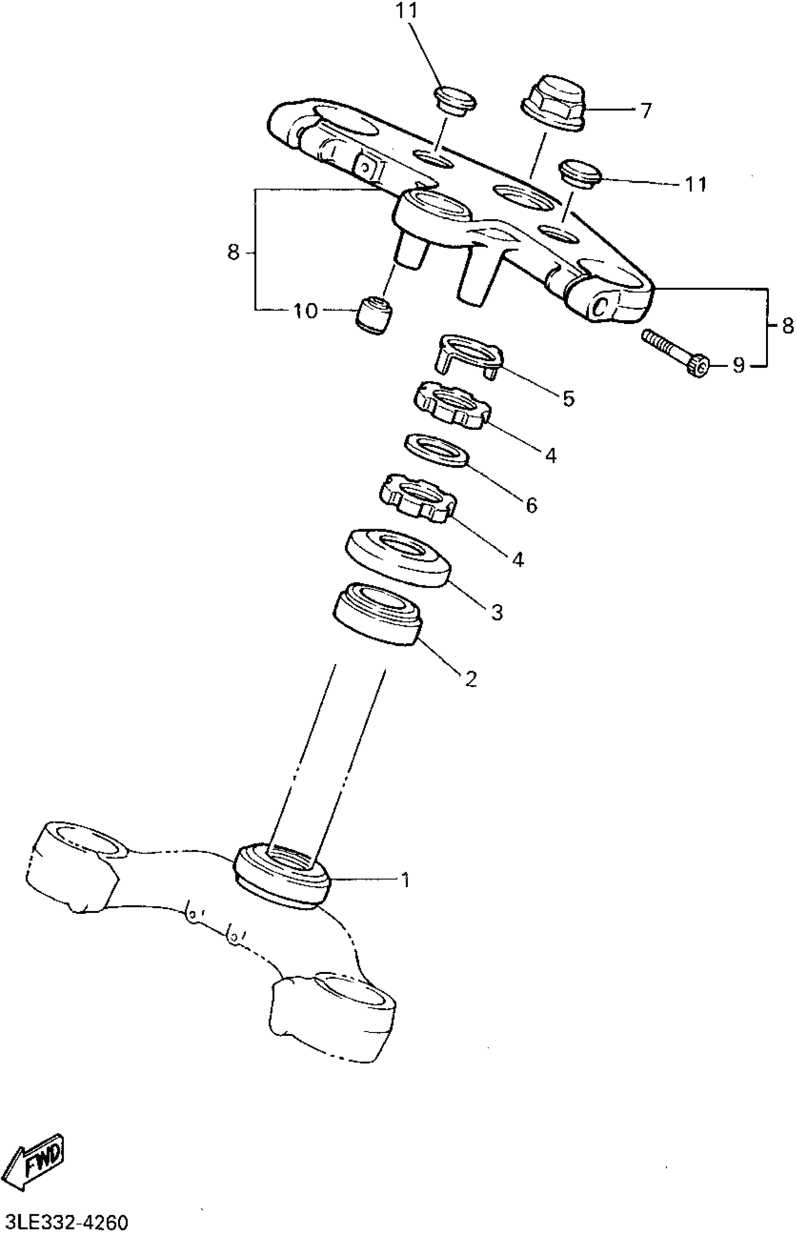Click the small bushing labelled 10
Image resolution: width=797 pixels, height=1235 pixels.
click(373, 314)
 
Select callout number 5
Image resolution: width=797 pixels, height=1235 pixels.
click(568, 398)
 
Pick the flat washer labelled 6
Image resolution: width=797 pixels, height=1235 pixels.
click(436, 449)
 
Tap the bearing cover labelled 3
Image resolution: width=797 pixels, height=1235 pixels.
click(397, 556)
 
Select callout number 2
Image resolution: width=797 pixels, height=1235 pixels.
click(470, 678)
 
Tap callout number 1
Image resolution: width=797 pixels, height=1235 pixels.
click(406, 880)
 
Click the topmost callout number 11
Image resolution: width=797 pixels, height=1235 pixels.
click(407, 11)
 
